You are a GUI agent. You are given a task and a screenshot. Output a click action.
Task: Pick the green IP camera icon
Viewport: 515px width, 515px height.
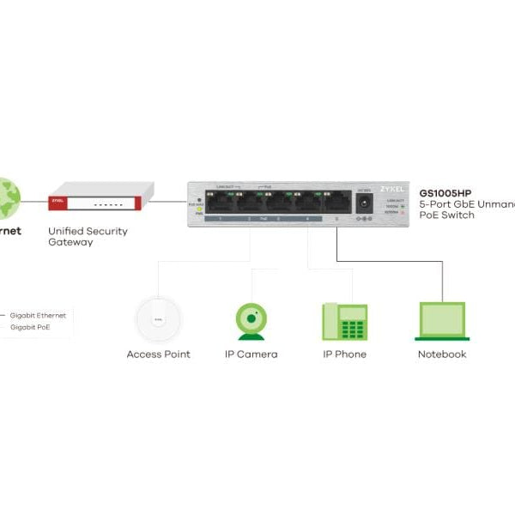tap(251, 320)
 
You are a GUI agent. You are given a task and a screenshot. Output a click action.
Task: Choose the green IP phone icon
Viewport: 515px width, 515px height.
tap(344, 321)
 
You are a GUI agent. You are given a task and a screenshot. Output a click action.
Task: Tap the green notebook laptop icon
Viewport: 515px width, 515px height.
tap(441, 321)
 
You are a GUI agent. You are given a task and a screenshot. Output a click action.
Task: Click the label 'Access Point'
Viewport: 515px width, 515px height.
tap(158, 354)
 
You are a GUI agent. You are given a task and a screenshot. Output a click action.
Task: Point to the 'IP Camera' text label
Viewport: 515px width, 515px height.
tap(251, 354)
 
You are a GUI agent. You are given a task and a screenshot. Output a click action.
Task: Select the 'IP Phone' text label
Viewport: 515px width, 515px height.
tap(344, 354)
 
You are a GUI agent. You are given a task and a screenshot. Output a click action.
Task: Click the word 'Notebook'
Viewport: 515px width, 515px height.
tap(441, 354)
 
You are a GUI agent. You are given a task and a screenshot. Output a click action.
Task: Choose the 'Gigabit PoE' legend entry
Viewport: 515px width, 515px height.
tap(30, 327)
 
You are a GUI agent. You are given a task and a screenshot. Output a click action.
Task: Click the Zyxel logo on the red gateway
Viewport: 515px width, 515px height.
tap(58, 203)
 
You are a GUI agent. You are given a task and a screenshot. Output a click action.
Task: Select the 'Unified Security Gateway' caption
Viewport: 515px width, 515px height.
tap(88, 237)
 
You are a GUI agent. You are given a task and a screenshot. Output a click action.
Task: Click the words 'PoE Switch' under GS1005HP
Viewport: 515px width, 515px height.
tap(446, 215)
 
